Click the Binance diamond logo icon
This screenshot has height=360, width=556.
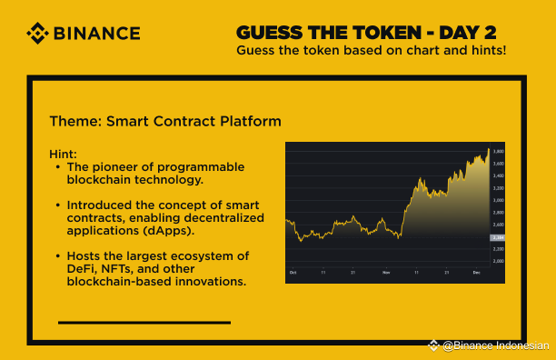[37, 34]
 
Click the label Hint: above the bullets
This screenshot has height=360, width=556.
[64, 155]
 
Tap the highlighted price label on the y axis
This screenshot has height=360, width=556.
[498, 237]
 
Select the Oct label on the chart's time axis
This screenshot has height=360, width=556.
[293, 273]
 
